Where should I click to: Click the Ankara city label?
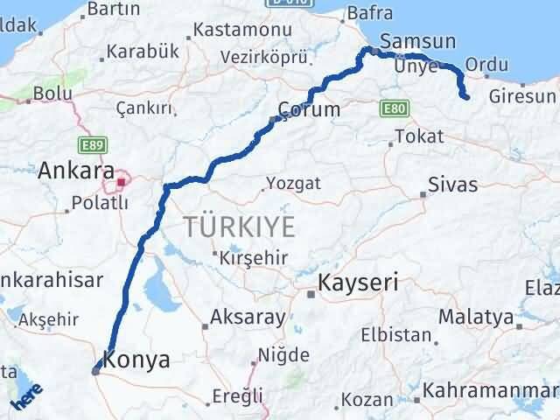[76, 170]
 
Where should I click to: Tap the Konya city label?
[136, 358]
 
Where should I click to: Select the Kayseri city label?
[358, 283]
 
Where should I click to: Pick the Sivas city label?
[452, 185]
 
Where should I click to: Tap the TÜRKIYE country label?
[239, 227]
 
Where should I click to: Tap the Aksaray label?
[239, 318]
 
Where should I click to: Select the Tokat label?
[419, 136]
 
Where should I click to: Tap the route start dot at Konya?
[95, 370]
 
